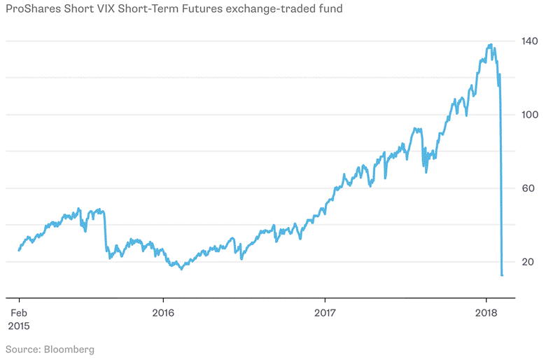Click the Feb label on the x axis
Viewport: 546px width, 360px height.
(x=19, y=312)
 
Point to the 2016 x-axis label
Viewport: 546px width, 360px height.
(x=163, y=312)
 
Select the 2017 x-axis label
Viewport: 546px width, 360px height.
(x=325, y=312)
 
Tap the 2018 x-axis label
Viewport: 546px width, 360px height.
(x=486, y=312)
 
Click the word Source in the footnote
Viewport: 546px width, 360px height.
(x=21, y=349)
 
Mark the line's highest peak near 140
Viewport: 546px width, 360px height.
(x=490, y=46)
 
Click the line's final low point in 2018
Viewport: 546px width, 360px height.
(x=502, y=275)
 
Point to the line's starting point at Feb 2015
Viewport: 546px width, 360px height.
(x=19, y=250)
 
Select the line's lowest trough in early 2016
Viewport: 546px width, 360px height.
(x=181, y=268)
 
